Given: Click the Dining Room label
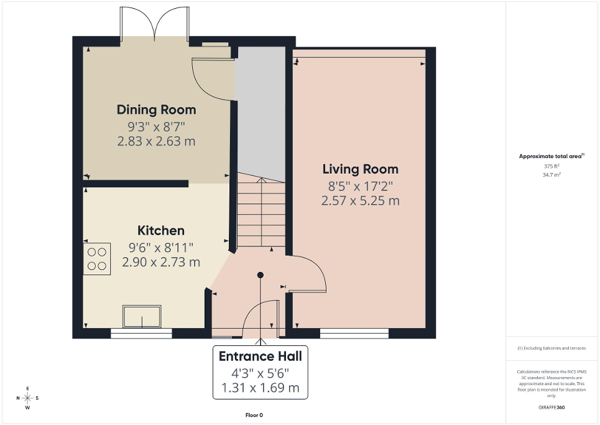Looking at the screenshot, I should pyautogui.click(x=156, y=110).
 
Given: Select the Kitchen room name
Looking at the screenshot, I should pyautogui.click(x=161, y=231).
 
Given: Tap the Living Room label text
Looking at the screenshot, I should pyautogui.click(x=360, y=169).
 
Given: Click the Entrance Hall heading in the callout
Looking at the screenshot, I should pyautogui.click(x=260, y=357).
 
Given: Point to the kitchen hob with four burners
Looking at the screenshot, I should pyautogui.click(x=97, y=259).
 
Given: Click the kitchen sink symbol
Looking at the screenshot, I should pyautogui.click(x=142, y=316).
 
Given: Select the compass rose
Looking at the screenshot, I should pyautogui.click(x=28, y=398).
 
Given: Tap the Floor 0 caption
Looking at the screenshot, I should pyautogui.click(x=255, y=415).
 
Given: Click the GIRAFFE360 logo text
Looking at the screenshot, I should pyautogui.click(x=552, y=408).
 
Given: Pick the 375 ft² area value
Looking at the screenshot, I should pyautogui.click(x=552, y=166).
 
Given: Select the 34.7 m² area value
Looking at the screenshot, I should pyautogui.click(x=552, y=175).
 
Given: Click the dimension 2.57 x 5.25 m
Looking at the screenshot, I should pyautogui.click(x=360, y=201).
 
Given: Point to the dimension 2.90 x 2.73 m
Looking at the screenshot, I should pyautogui.click(x=161, y=263).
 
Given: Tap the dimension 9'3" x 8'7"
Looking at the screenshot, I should pyautogui.click(x=156, y=126).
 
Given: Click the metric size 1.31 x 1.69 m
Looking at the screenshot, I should pyautogui.click(x=260, y=389).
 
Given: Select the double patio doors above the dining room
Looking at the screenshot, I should pyautogui.click(x=155, y=24).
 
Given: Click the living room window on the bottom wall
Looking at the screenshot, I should pyautogui.click(x=354, y=334).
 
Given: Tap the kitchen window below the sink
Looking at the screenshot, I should pyautogui.click(x=141, y=334).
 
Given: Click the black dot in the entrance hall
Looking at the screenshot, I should pyautogui.click(x=261, y=275).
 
